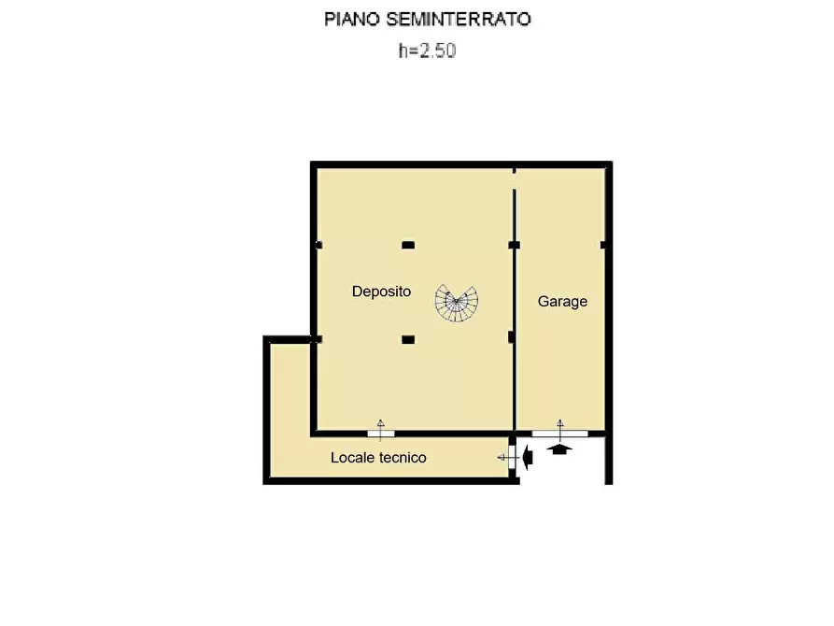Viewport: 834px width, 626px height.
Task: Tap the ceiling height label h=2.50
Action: [427, 52]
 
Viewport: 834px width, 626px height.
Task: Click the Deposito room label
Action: [381, 292]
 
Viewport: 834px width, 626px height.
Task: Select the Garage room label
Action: [562, 302]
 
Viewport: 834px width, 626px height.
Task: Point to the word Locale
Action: [351, 458]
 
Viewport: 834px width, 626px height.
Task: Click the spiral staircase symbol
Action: [456, 302]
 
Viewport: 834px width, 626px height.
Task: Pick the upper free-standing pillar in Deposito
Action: [407, 245]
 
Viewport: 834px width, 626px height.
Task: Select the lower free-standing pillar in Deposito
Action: [407, 339]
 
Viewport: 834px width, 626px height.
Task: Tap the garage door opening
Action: [559, 434]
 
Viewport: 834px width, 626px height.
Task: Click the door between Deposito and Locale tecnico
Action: [381, 434]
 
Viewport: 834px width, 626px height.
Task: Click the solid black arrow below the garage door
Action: [559, 449]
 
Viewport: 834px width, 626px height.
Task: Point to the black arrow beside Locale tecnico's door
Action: [528, 457]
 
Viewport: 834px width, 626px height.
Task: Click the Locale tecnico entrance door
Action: [512, 457]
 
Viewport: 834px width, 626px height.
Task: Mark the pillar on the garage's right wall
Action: [604, 245]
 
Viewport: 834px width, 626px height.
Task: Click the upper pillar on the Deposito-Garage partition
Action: [514, 245]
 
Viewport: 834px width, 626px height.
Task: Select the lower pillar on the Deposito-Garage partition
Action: [511, 338]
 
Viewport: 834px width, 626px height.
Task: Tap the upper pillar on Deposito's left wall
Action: [318, 245]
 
